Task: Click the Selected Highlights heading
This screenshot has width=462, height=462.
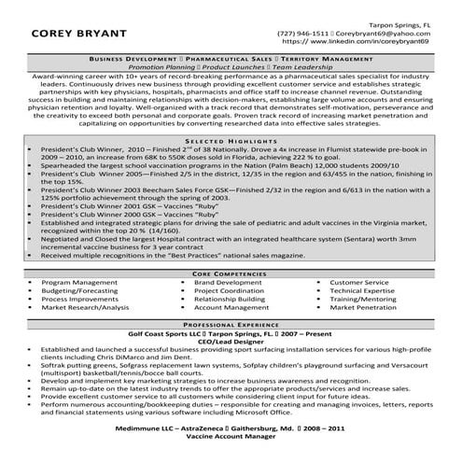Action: click(x=231, y=138)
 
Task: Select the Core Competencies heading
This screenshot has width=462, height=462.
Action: click(x=231, y=273)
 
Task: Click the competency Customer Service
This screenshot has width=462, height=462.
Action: click(x=358, y=282)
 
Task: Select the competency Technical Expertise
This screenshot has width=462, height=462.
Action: click(x=361, y=290)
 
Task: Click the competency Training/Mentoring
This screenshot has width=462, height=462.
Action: click(x=363, y=299)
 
